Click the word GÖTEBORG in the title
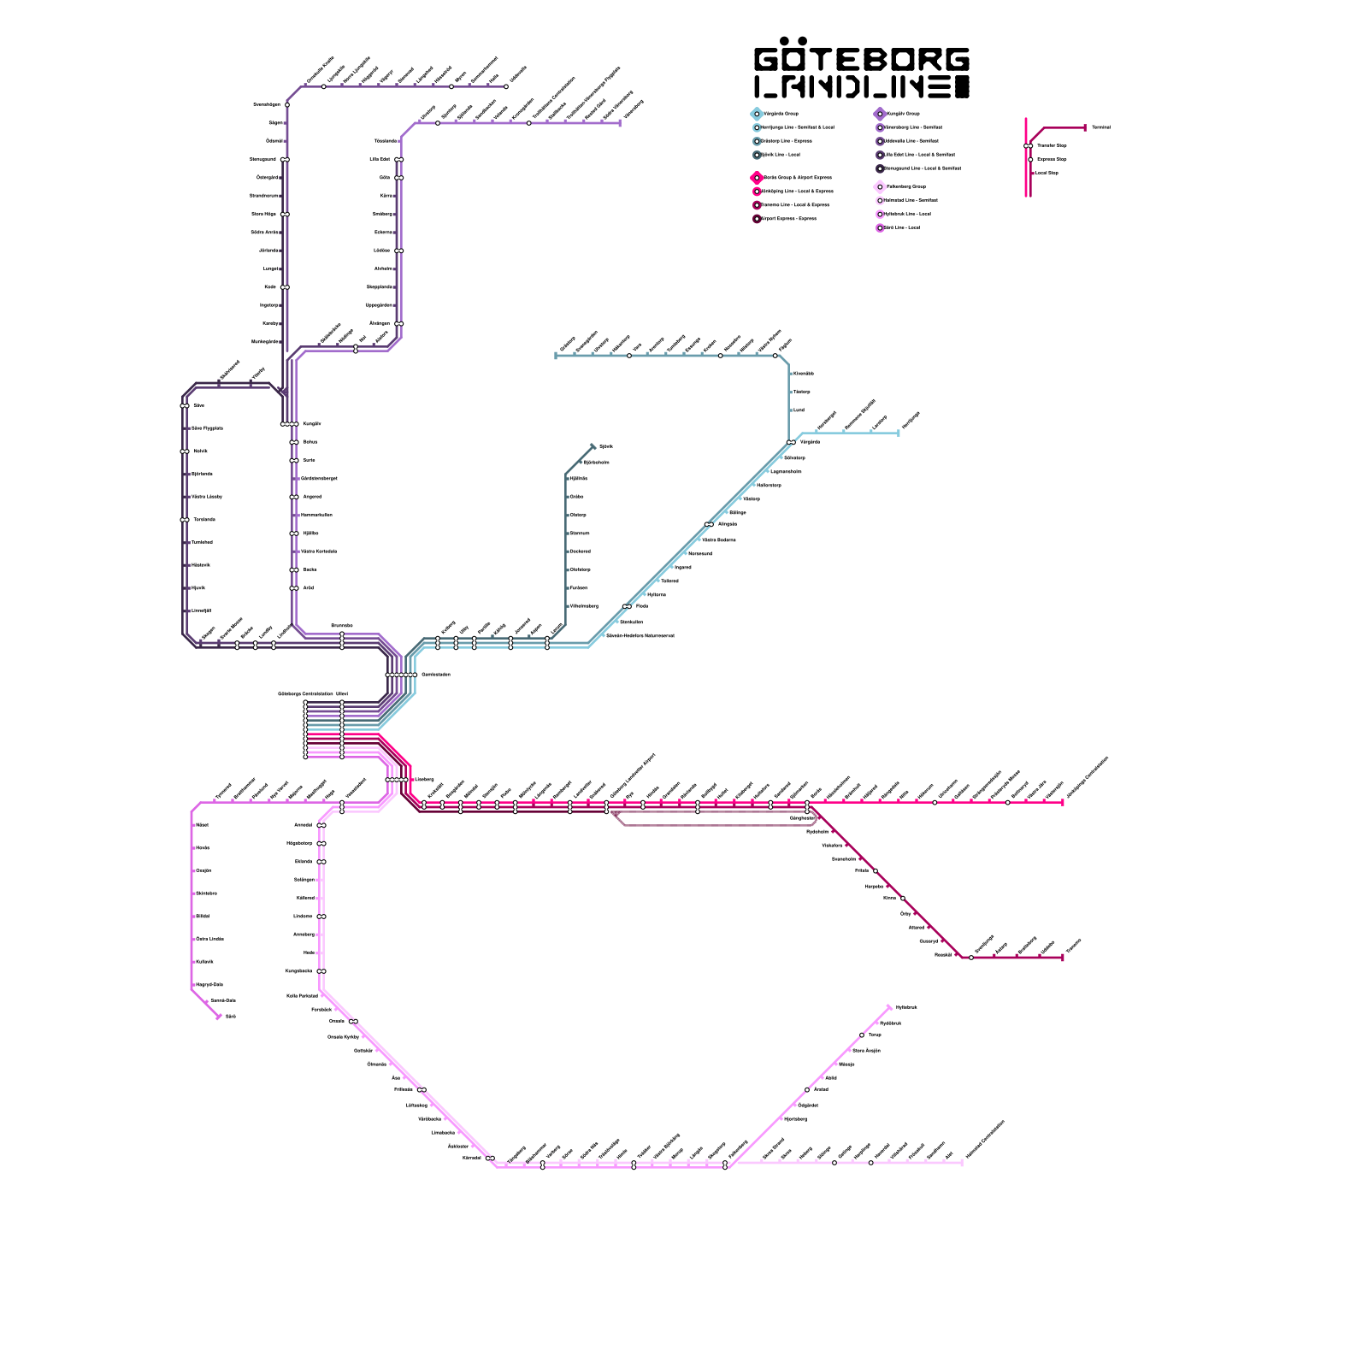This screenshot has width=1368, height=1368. point(862,59)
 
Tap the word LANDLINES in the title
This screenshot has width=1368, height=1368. point(862,87)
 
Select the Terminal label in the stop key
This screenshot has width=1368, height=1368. point(1100,127)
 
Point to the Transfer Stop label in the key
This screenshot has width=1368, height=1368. point(1052,145)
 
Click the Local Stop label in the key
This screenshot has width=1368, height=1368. point(1047,173)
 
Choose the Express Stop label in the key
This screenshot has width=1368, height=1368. point(1052,159)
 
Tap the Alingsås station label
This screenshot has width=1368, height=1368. point(728,524)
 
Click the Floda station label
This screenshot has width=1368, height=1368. point(642,606)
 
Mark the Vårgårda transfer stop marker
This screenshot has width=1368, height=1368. point(791,442)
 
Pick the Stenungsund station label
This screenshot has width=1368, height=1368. point(262,159)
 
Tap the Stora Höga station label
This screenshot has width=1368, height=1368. point(263,214)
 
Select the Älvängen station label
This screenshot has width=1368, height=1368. point(380,323)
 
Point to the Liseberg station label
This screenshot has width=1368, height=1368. point(425,779)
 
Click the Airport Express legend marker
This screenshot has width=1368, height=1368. point(757,219)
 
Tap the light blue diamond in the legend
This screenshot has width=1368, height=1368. point(757,114)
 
